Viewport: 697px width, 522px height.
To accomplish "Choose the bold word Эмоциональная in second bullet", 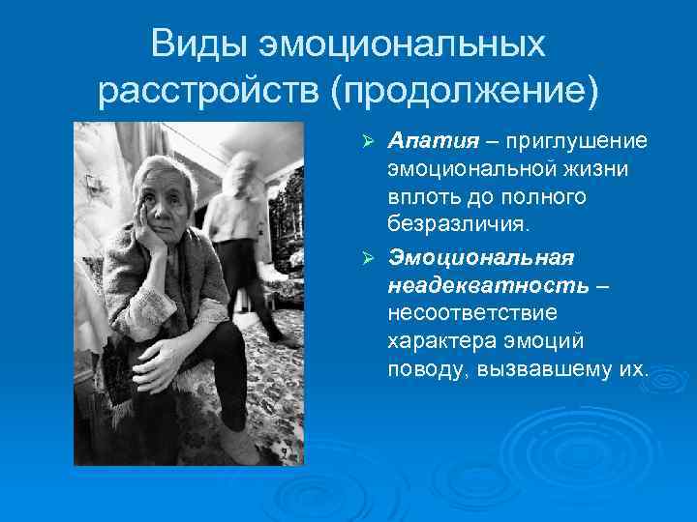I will click(x=481, y=258).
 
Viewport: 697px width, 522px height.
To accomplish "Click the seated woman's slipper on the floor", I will click(x=237, y=446).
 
